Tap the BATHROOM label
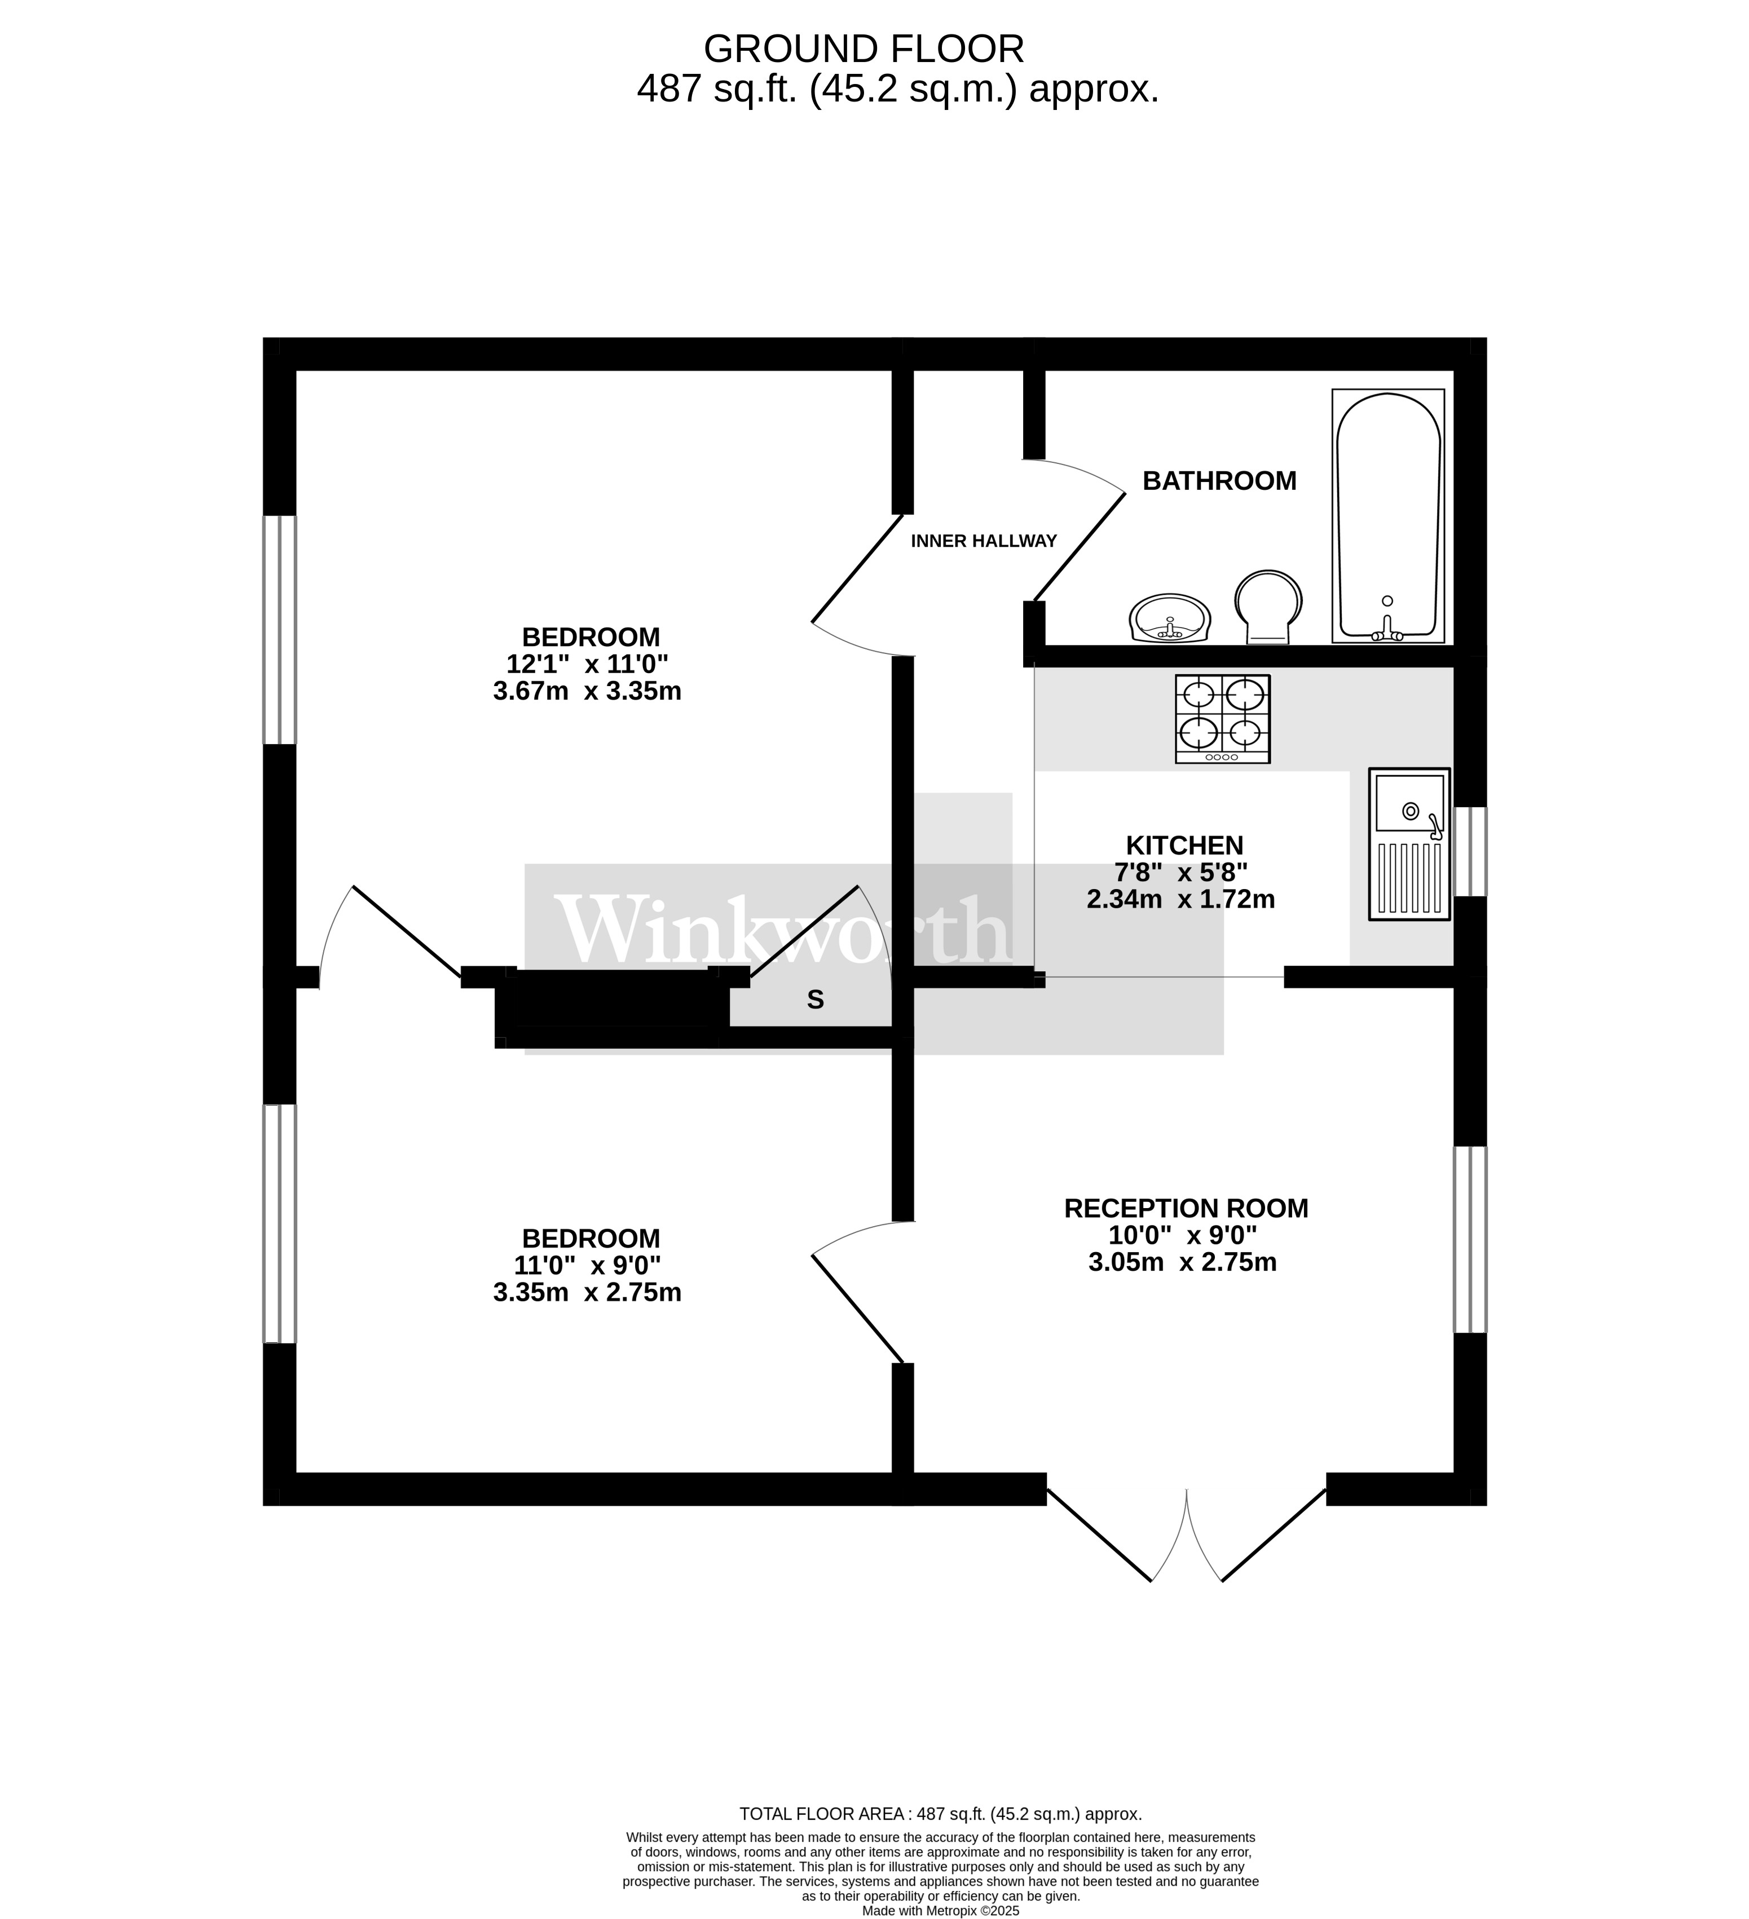pyautogui.click(x=1219, y=481)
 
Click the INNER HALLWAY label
pyautogui.click(x=984, y=541)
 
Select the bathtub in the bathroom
pyautogui.click(x=1387, y=515)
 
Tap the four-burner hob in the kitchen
pyautogui.click(x=1222, y=719)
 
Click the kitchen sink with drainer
pyautogui.click(x=1408, y=843)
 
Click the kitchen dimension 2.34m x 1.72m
pyautogui.click(x=1180, y=899)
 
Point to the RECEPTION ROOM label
pyautogui.click(x=1186, y=1208)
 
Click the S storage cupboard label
pyautogui.click(x=815, y=1000)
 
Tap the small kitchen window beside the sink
pyautogui.click(x=1471, y=851)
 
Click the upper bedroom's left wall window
pyautogui.click(x=279, y=629)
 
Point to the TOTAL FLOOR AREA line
pyautogui.click(x=940, y=1814)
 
